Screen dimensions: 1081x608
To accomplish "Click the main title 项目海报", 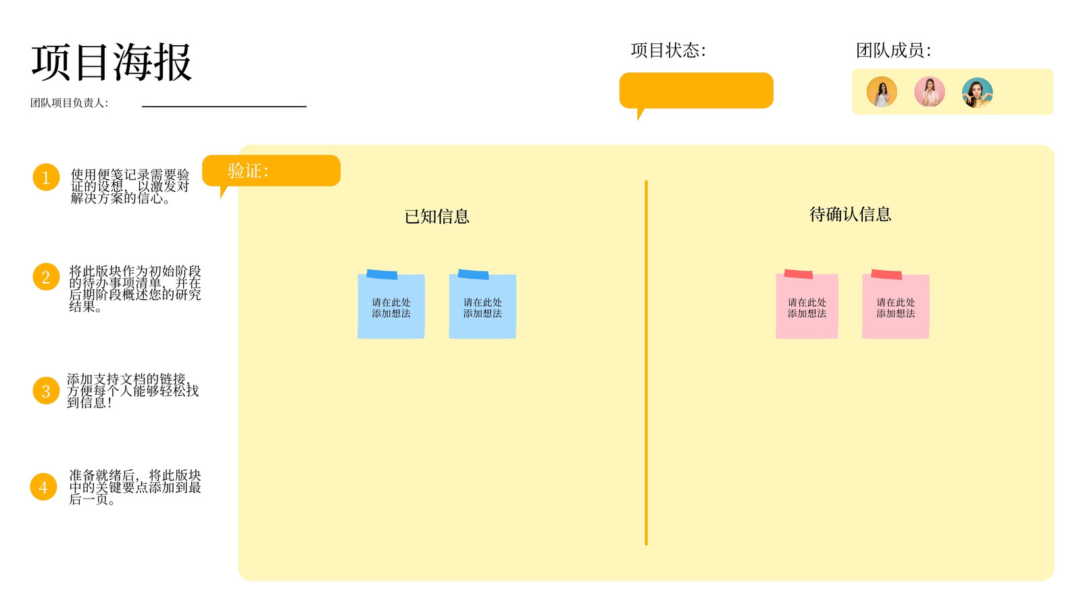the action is [112, 62].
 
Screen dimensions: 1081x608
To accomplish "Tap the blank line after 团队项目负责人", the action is [224, 106].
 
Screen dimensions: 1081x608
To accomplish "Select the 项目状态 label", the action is [668, 50].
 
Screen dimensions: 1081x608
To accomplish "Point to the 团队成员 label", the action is [893, 50].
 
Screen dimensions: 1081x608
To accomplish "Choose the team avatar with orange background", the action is [882, 92].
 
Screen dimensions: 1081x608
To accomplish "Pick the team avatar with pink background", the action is [930, 92].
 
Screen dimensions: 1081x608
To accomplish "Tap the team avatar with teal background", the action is [977, 92].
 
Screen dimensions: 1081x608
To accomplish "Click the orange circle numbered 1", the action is [46, 177].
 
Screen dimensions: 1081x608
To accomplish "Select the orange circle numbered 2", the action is [46, 276].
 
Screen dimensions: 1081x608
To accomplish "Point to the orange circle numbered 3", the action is [46, 390].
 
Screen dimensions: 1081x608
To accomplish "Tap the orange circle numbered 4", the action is [43, 486].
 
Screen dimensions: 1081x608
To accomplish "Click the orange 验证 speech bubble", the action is [271, 171].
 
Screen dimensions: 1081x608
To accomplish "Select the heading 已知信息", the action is [436, 216].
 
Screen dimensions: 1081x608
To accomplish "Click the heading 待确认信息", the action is [850, 214].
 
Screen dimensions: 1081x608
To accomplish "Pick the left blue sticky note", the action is [391, 305].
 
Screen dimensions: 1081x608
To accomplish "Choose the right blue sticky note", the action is [482, 305].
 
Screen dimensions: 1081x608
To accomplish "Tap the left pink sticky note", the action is [807, 305].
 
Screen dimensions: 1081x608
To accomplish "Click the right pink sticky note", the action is [896, 305].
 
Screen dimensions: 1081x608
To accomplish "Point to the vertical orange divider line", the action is [646, 363].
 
